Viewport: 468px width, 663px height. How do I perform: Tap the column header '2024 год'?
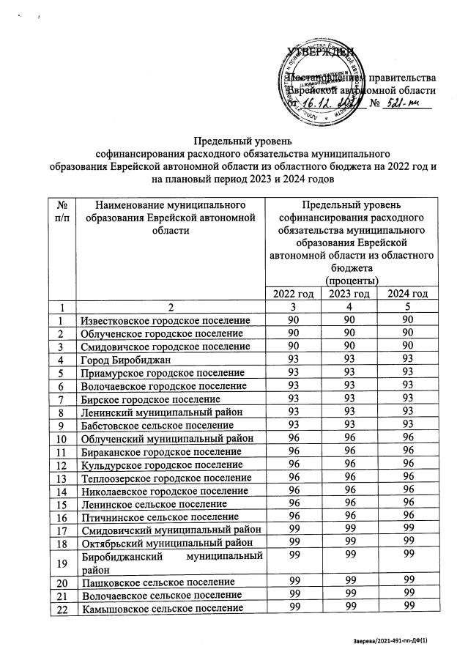click(408, 295)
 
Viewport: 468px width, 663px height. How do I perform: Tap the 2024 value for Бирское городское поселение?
click(408, 400)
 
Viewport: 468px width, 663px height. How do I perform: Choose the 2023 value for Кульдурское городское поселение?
click(350, 465)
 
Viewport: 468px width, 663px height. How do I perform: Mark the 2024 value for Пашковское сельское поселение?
click(408, 582)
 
